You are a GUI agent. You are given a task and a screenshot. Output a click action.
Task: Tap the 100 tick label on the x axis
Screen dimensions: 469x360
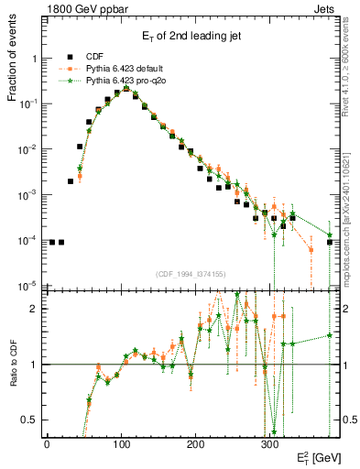121,443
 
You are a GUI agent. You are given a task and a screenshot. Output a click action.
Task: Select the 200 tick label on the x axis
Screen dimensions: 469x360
195,443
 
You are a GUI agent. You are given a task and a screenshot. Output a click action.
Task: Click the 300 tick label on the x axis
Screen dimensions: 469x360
269,443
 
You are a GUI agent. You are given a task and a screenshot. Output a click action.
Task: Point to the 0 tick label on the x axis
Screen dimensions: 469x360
47,443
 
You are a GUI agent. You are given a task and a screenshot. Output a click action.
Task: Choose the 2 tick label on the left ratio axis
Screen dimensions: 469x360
34,309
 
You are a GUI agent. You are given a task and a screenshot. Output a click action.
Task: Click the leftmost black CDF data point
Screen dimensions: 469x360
52,242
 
